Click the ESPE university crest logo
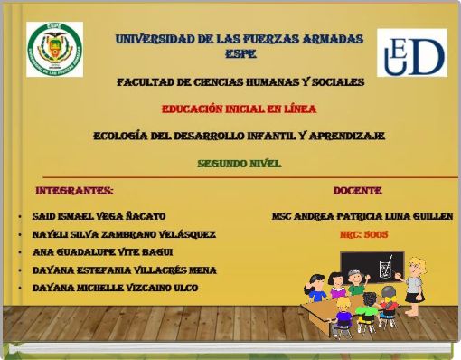pos(54,49)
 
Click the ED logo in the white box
pos(411,52)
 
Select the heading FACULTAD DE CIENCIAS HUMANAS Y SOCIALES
pos(240,82)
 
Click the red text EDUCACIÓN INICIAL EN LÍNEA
pos(239,109)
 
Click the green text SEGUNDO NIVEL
pos(240,164)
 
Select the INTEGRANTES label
pos(74,191)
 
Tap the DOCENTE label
pos(358,191)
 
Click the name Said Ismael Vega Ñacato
pos(99,217)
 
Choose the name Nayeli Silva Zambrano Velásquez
pos(124,234)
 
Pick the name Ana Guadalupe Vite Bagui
pos(102,252)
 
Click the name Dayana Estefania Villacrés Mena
pos(124,270)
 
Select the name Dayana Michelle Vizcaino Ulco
pos(115,288)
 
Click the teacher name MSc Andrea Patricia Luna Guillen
pos(362,217)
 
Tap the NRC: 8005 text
pos(364,234)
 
